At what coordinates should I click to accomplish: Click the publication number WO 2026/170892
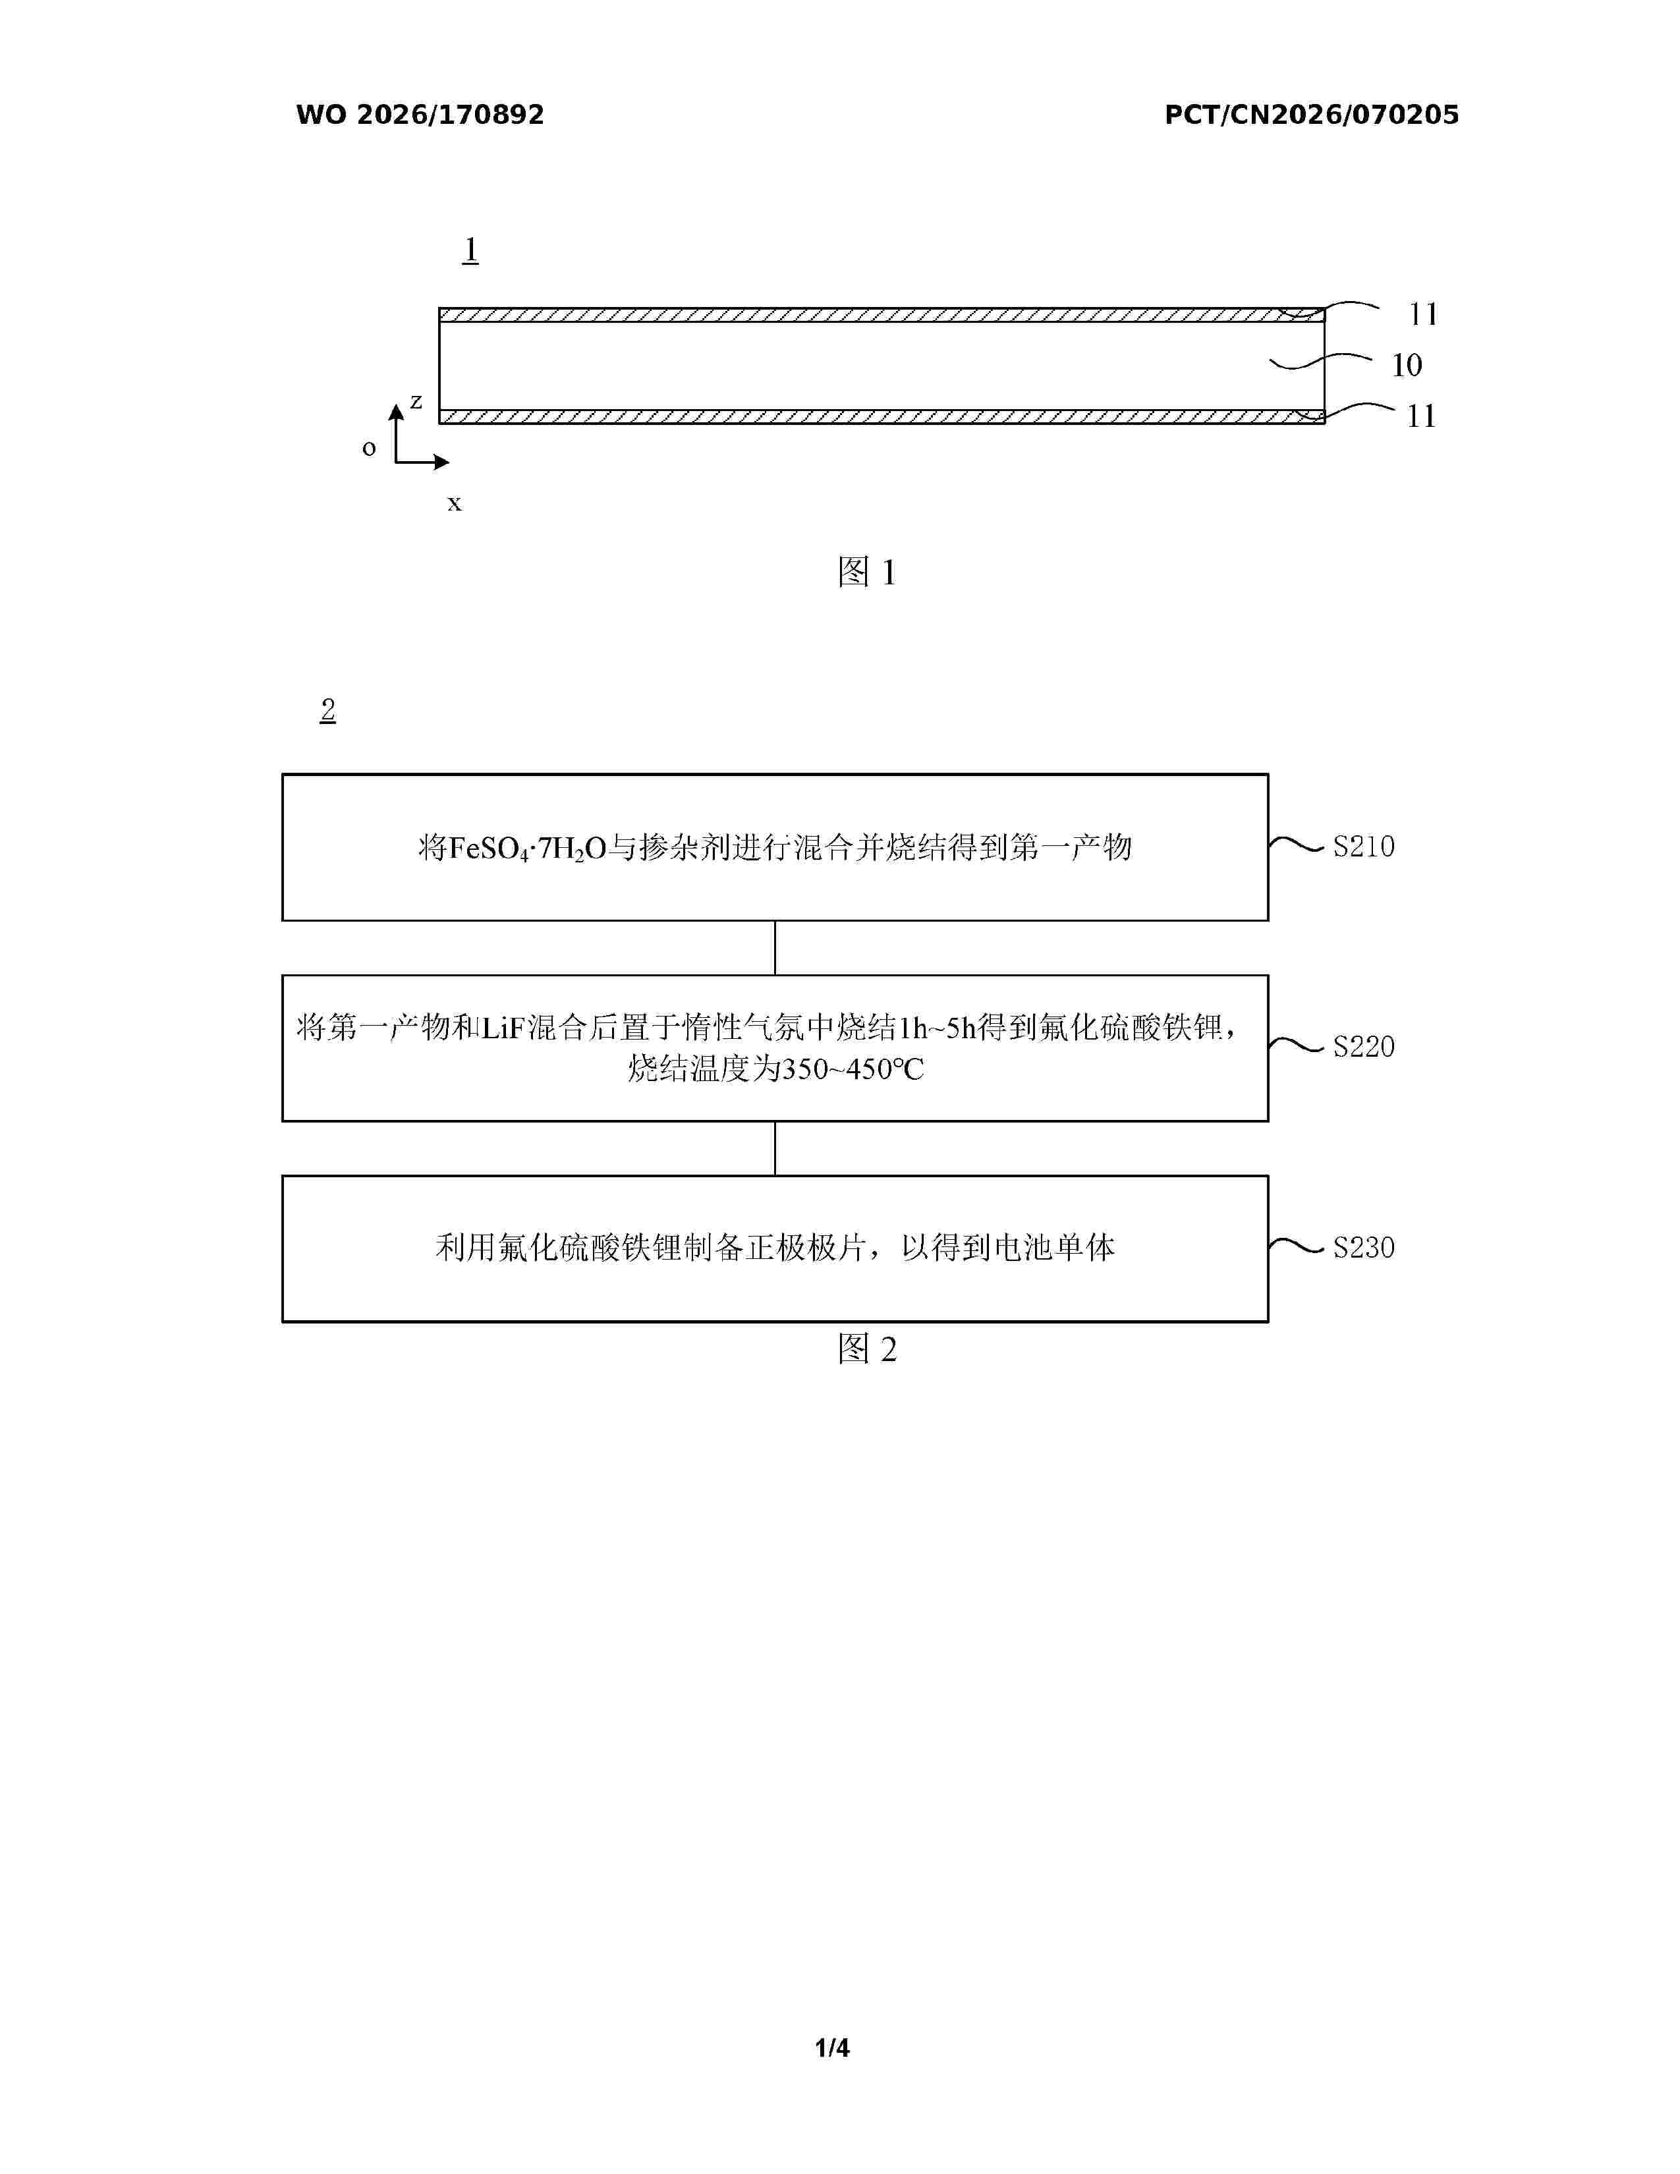[420, 115]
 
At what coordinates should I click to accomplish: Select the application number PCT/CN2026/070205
[1312, 115]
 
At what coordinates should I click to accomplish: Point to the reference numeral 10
[1407, 366]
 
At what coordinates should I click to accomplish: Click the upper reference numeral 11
[1423, 314]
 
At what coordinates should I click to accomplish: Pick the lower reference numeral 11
[1421, 416]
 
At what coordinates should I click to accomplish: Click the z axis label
[416, 401]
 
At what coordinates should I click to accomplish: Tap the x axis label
[454, 504]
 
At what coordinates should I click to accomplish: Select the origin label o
[369, 448]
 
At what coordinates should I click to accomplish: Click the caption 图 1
[867, 571]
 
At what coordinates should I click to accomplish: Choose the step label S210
[1364, 846]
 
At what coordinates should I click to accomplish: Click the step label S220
[1364, 1046]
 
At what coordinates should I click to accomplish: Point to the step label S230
[1364, 1247]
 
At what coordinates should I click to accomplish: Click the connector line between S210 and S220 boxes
[775, 947]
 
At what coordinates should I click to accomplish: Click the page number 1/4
[832, 2048]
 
